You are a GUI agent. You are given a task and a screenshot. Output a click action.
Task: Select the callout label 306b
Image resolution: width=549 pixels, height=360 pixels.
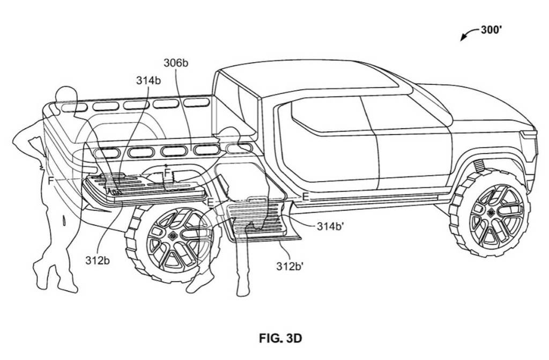pos(176,63)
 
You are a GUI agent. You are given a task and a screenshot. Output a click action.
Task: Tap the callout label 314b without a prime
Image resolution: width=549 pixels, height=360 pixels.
pos(147,80)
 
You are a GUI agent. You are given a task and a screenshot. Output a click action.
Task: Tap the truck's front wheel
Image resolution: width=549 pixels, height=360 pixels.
pos(489,211)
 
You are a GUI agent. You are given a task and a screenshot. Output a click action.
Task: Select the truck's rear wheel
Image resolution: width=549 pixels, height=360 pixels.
pos(173,243)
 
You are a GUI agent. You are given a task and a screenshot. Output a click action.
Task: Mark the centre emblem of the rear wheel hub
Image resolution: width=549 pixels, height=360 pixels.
pos(173,236)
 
